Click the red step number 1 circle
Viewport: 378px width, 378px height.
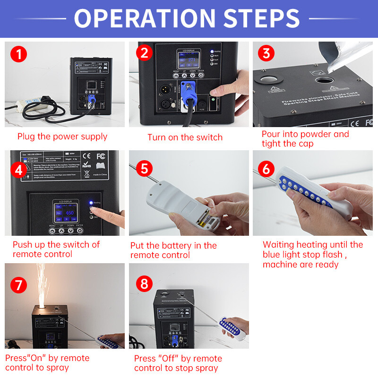[x=18, y=54]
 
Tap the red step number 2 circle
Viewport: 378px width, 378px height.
[x=144, y=53]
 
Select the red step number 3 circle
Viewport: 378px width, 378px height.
[x=267, y=53]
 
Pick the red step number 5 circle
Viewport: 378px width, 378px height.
[x=144, y=169]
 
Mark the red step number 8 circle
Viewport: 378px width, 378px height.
[x=144, y=284]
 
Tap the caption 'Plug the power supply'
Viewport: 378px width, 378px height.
[x=62, y=137]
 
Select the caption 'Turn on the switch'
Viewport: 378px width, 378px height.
[x=185, y=137]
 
